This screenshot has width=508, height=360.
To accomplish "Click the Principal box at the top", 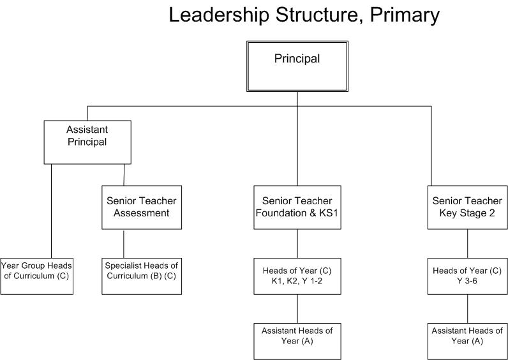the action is (297, 66).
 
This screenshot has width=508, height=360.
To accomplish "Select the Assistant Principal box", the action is (87, 142).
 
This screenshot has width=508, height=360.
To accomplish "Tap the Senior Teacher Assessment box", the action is (142, 207).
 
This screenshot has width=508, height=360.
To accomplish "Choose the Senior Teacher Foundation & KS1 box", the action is (297, 207).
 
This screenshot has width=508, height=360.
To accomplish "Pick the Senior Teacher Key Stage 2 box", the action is (468, 207).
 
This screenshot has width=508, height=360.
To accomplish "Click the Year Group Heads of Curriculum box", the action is (36, 276).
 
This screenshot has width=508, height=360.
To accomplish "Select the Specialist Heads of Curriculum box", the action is (142, 276).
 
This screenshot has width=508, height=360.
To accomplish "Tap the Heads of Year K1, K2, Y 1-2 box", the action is (297, 276).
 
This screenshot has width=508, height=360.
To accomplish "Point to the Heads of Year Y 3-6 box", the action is (468, 276).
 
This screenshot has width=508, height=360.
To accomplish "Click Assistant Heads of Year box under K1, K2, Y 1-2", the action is (297, 341).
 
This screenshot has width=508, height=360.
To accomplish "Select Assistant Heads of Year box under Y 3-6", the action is (468, 341).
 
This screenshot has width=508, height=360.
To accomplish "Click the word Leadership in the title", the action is (219, 15).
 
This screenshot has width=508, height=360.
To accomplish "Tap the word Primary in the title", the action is (405, 15).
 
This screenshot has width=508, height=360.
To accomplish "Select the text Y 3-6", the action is (467, 281).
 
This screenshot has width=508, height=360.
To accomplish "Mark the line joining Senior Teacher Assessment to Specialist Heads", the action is (123, 244).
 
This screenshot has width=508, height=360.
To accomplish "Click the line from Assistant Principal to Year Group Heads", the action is (51, 211).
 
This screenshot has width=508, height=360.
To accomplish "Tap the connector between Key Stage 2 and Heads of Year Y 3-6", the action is (468, 244).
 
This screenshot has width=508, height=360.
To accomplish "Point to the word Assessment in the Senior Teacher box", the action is (142, 213).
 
